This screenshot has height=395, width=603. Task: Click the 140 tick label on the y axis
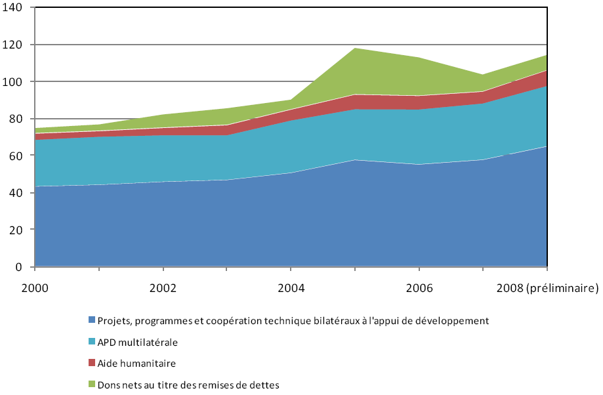click(14, 8)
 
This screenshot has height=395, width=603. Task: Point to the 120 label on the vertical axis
click(14, 45)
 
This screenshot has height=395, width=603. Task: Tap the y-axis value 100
click(14, 82)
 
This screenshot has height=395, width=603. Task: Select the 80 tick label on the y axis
click(16, 119)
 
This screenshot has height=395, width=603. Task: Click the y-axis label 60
click(16, 156)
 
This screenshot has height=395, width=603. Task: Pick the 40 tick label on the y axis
click(16, 193)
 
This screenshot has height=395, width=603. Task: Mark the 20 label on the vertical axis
click(16, 230)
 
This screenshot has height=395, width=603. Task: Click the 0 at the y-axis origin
click(19, 267)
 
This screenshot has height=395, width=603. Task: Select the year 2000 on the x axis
click(35, 287)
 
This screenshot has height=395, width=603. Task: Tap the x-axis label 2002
click(163, 287)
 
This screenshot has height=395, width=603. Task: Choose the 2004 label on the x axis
click(291, 287)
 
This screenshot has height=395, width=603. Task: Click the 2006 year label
click(419, 287)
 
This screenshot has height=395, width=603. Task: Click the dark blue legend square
click(92, 321)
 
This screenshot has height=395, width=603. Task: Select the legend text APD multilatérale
click(138, 342)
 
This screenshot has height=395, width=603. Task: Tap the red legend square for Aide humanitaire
click(92, 363)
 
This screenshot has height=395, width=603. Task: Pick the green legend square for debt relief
click(92, 384)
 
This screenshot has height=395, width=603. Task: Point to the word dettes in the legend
click(265, 385)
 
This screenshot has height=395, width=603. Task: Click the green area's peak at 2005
click(355, 49)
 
